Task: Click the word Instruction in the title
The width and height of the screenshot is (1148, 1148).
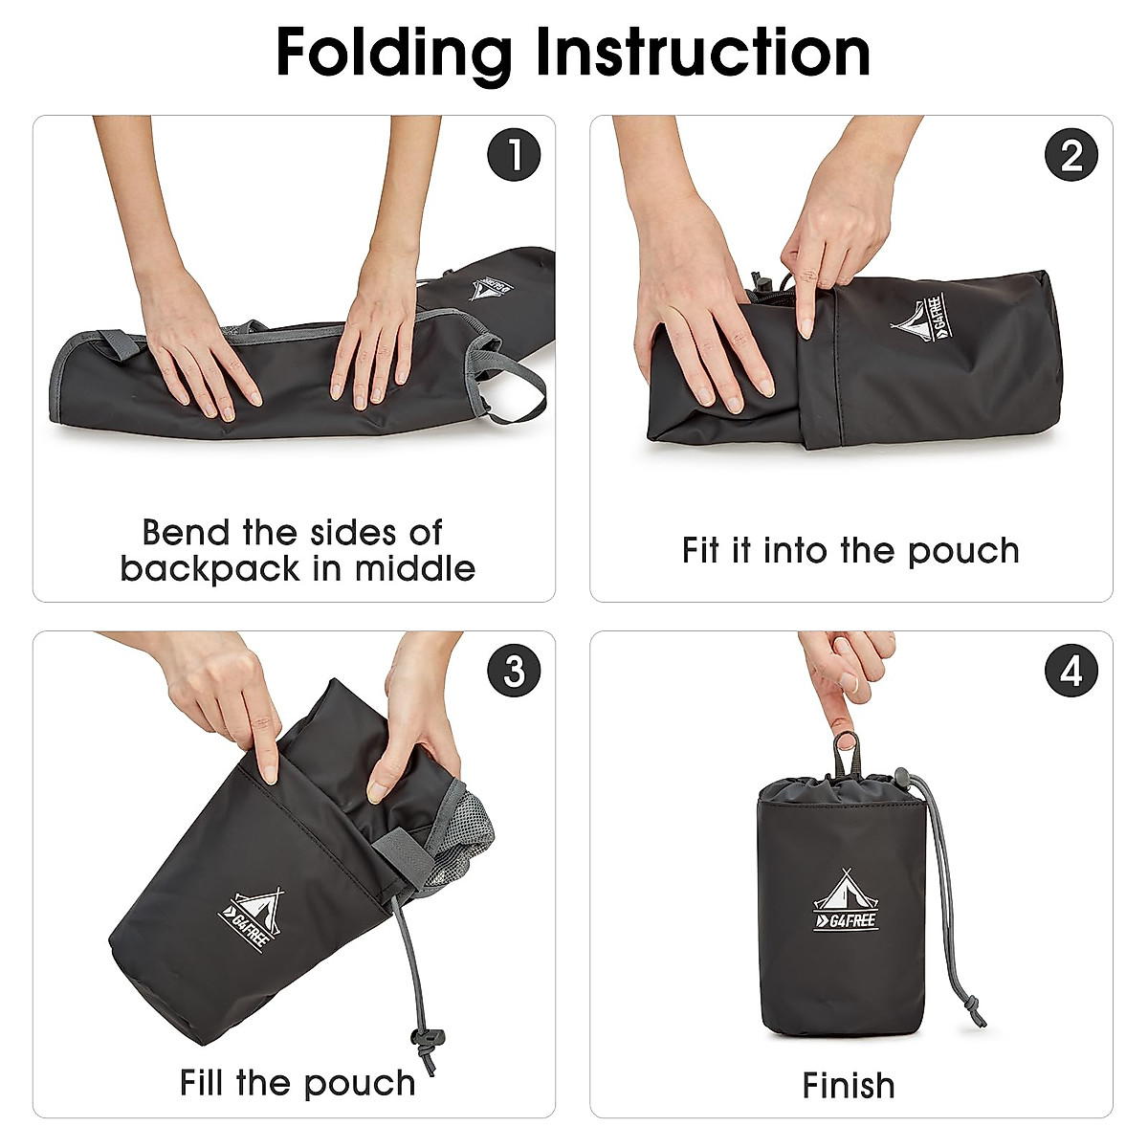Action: [703, 53]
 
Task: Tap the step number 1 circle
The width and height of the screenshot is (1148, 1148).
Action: [514, 155]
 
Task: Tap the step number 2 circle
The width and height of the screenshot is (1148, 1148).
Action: [1071, 155]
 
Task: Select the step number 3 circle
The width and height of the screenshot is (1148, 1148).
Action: [514, 671]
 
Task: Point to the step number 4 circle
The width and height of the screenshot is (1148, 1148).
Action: [1071, 671]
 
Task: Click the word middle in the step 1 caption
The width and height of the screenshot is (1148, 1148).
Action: [416, 568]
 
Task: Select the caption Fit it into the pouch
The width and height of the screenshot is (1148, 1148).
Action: [850, 551]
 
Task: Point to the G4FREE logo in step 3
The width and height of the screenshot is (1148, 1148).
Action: [252, 921]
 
